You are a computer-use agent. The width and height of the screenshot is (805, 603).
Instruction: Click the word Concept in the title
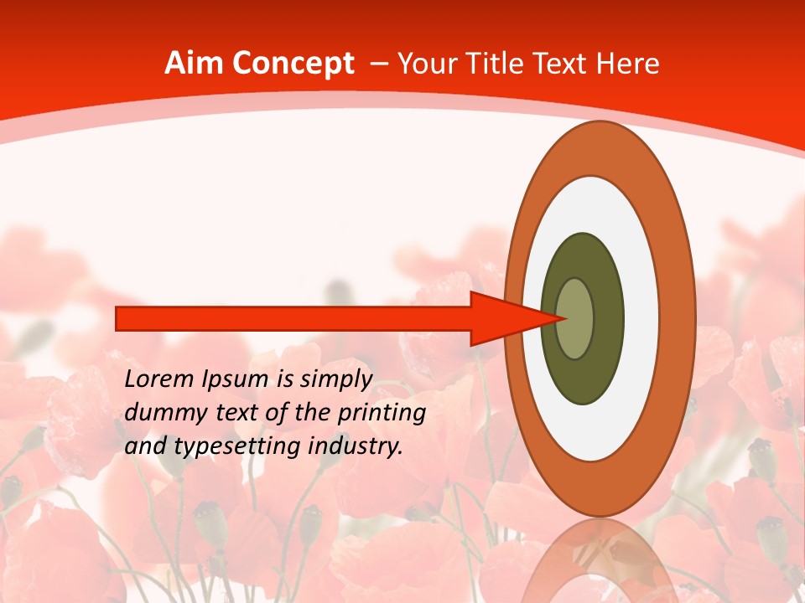pyautogui.click(x=293, y=64)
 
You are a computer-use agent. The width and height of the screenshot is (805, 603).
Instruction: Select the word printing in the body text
pyautogui.click(x=384, y=414)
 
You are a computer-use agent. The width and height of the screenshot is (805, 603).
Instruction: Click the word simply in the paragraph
pyautogui.click(x=336, y=380)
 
